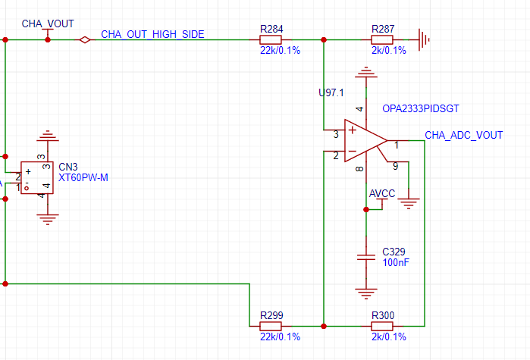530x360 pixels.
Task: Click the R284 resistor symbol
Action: (x=271, y=40)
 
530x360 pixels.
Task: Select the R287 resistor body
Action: (x=382, y=40)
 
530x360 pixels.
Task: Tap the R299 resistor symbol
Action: (x=271, y=326)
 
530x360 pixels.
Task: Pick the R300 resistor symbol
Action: (x=382, y=326)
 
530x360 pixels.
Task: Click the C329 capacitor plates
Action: (x=366, y=258)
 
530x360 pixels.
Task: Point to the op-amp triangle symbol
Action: (x=365, y=140)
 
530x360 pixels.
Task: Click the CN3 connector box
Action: (x=37, y=177)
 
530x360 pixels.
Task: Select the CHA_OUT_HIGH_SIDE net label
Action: (x=152, y=34)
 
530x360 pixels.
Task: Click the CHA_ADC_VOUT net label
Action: (x=463, y=136)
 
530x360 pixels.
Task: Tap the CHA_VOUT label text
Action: (x=48, y=23)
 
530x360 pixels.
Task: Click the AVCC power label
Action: (x=382, y=193)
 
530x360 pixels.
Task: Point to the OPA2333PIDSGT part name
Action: (x=421, y=108)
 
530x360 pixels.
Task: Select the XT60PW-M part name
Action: (x=83, y=177)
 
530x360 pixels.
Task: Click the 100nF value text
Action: (x=396, y=262)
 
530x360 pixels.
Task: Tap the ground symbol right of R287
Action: (x=424, y=40)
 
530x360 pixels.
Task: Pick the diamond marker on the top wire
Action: (x=84, y=40)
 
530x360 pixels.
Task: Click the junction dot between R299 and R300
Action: (x=324, y=326)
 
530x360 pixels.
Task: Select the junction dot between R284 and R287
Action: (x=324, y=40)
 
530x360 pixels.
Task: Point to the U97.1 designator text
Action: (x=331, y=92)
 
